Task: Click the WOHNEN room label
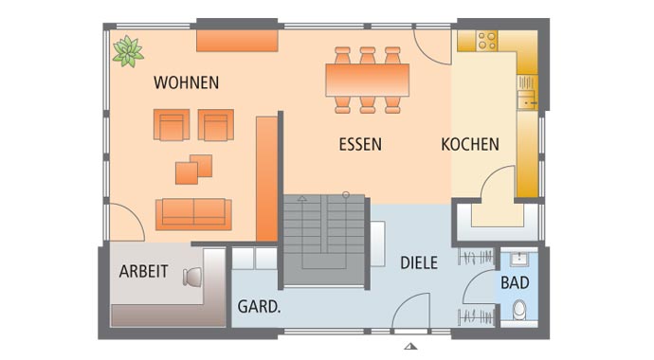[186, 82]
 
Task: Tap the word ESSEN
[360, 145]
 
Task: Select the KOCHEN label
[470, 145]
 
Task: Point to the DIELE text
[418, 262]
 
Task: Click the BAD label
[516, 282]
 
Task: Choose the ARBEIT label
[143, 272]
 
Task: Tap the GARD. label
[257, 307]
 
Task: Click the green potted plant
[127, 50]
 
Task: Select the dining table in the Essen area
[367, 80]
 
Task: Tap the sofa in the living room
[193, 213]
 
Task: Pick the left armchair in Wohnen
[172, 125]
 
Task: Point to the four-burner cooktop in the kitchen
[486, 40]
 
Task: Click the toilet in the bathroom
[518, 311]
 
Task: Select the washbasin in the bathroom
[518, 259]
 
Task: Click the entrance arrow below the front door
[410, 347]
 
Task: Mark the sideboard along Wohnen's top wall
[237, 41]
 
